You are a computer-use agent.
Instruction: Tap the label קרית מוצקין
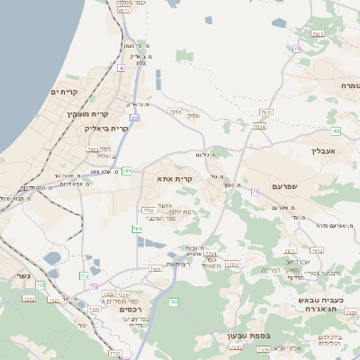point(86,114)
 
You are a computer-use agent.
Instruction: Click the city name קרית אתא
point(175,180)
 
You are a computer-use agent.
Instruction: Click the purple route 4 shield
point(120,67)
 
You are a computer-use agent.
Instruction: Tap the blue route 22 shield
point(133,117)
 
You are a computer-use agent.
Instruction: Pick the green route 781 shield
point(127,170)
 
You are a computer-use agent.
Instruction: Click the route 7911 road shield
point(92,149)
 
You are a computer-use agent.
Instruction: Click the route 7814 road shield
point(260,127)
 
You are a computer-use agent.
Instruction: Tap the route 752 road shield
point(40,285)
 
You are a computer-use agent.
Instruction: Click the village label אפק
point(193,115)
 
